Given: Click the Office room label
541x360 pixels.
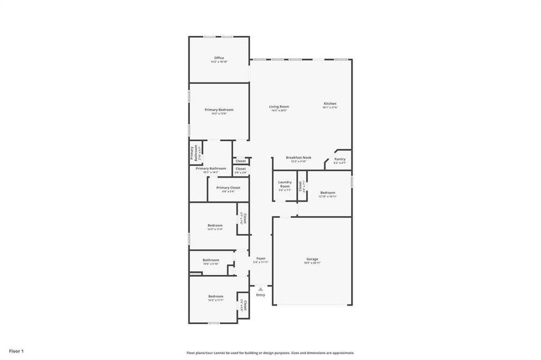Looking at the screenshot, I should tap(219, 58).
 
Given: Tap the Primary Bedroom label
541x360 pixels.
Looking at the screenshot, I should tap(219, 110).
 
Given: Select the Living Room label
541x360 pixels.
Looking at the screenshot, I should tap(279, 107).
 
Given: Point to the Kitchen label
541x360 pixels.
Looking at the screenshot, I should tap(330, 104).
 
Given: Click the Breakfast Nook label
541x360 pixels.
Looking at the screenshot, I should tap(298, 157).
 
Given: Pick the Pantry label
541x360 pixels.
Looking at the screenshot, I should tap(340, 159).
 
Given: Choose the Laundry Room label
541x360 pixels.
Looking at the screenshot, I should tap(285, 184).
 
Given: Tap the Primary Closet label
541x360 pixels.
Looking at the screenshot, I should tap(228, 188).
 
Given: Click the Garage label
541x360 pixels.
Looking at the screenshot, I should tap(312, 259).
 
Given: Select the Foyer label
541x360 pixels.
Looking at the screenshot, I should tap(261, 259).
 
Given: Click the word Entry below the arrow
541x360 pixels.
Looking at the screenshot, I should tap(261, 295).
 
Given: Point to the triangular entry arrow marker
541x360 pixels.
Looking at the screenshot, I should tap(261, 289).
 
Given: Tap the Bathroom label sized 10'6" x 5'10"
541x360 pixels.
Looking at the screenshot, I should tap(211, 260).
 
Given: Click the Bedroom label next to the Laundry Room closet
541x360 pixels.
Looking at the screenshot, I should tap(327, 193).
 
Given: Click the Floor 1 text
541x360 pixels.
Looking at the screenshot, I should tap(16, 350).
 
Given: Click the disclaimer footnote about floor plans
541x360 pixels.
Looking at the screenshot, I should tap(270, 353).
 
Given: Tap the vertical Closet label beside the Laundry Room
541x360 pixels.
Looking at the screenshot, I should tap(300, 186).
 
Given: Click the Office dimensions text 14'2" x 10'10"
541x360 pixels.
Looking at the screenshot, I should tap(219, 62).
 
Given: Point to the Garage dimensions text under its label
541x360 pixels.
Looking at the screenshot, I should tap(312, 263).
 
